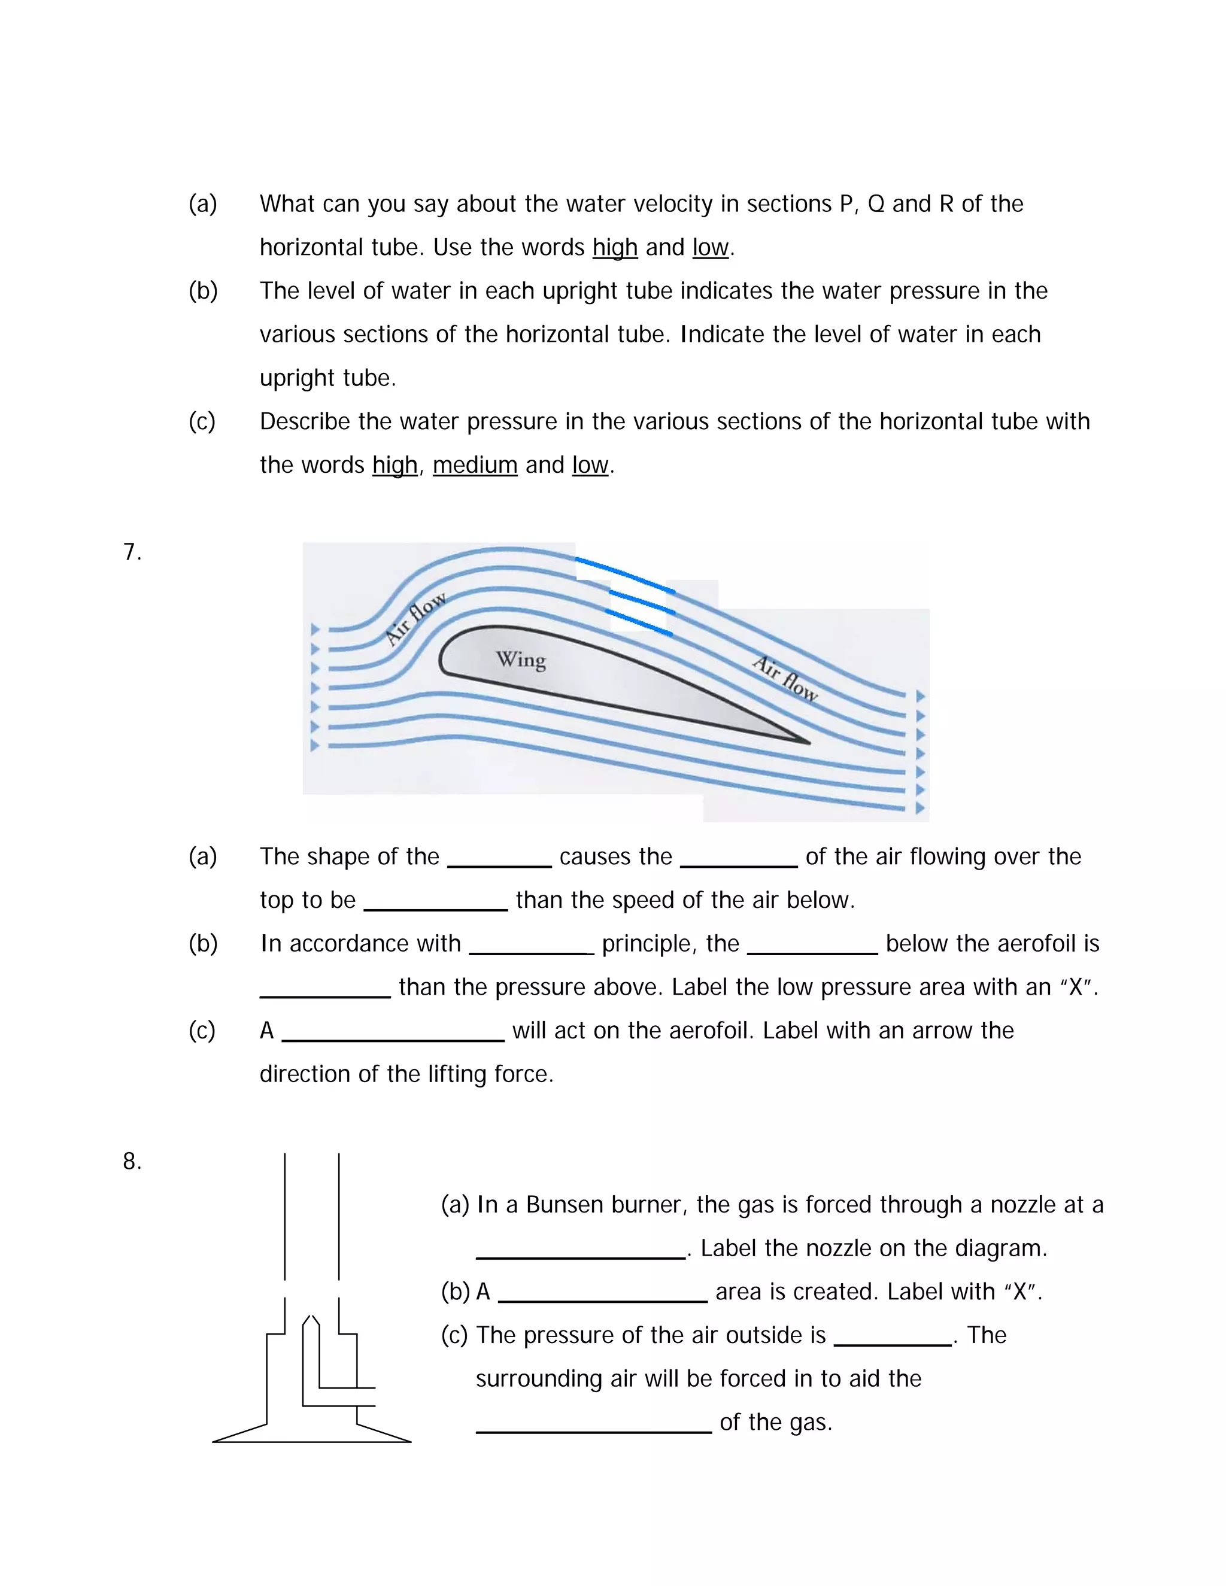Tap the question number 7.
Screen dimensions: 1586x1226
pos(132,552)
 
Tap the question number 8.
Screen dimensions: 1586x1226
pos(132,1161)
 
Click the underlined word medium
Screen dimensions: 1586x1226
pos(475,465)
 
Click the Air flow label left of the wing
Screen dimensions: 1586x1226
pos(415,618)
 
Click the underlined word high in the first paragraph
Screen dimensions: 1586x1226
pos(614,248)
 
